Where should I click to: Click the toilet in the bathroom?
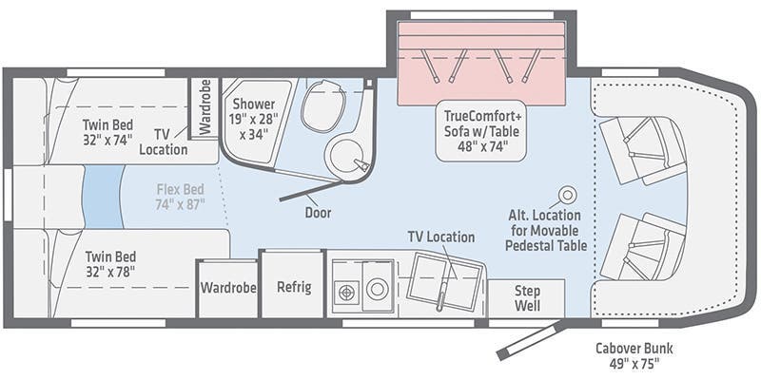[x=320, y=105]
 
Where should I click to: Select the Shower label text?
[x=253, y=104]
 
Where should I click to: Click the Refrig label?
[x=294, y=287]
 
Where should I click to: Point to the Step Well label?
[x=527, y=298]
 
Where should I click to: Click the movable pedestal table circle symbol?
[x=567, y=195]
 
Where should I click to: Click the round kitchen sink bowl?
[x=377, y=290]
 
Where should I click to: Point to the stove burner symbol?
[x=345, y=293]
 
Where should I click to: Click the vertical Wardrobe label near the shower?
[x=205, y=106]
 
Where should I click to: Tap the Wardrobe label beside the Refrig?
[x=228, y=288]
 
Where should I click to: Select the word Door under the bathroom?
[x=318, y=212]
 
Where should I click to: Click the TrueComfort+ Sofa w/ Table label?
[x=481, y=131]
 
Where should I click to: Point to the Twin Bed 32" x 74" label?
[x=107, y=132]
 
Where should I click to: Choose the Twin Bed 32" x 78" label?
[x=110, y=264]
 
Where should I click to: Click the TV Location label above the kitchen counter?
[x=441, y=237]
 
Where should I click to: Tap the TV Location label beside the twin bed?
[x=163, y=142]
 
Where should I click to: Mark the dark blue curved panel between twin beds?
[x=103, y=197]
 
